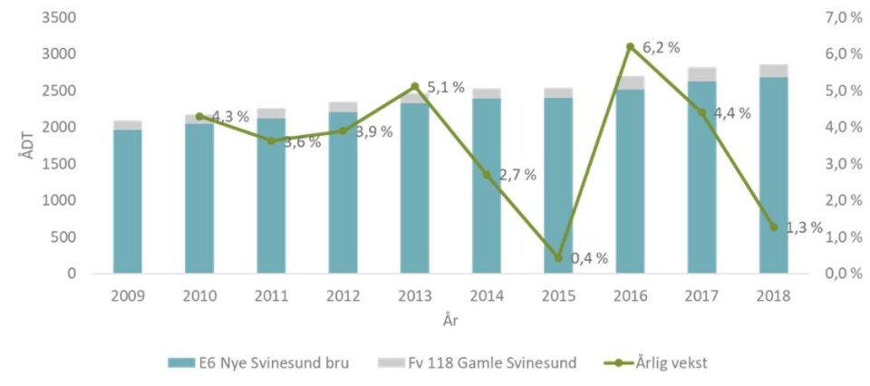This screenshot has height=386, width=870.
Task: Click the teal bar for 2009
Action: coord(127,201)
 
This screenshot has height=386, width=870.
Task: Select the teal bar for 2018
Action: coord(773,175)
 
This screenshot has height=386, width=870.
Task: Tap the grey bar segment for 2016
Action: coord(630,82)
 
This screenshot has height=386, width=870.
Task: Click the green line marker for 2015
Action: coord(558,258)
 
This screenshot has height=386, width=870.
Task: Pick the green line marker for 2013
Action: coord(414,87)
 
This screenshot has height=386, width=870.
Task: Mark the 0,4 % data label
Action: coord(589,258)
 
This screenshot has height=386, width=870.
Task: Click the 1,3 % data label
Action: coord(804,227)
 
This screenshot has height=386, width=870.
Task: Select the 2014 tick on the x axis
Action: coord(486,296)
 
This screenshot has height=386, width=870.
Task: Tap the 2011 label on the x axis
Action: coord(271,296)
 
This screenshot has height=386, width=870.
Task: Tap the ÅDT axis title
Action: coord(25,146)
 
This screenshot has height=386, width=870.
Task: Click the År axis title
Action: coord(450,319)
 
